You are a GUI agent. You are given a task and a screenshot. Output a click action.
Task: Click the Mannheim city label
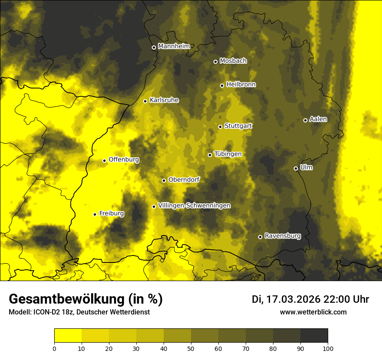click(x=174, y=46)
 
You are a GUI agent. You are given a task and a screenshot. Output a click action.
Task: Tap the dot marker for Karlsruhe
click(x=145, y=101)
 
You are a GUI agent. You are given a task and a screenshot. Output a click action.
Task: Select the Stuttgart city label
click(x=238, y=126)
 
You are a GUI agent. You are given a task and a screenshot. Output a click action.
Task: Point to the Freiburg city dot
click(x=95, y=214)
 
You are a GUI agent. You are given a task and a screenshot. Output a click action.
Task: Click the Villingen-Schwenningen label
click(x=194, y=206)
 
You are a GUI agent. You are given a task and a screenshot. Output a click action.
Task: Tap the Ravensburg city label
click(x=283, y=236)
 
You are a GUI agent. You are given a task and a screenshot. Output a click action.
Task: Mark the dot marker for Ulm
click(x=296, y=168)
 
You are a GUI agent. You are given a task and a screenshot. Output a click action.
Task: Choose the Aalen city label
click(x=318, y=119)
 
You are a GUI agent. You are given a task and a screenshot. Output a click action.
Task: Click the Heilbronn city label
click(x=241, y=84)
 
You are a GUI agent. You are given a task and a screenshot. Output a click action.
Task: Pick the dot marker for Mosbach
click(x=215, y=62)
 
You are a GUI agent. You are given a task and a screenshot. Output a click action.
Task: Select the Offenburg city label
click(x=124, y=159)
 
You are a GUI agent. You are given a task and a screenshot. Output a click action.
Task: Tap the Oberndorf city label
click(x=184, y=180)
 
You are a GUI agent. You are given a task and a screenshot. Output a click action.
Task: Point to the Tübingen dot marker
click(x=210, y=155)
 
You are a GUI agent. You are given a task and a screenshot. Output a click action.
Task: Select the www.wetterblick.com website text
click(x=313, y=312)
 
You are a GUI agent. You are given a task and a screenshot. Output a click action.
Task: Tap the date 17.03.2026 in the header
click(x=293, y=299)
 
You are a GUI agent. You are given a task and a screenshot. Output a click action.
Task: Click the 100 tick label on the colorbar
click(x=328, y=348)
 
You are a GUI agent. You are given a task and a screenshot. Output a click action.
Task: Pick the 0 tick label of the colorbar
click(x=54, y=348)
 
